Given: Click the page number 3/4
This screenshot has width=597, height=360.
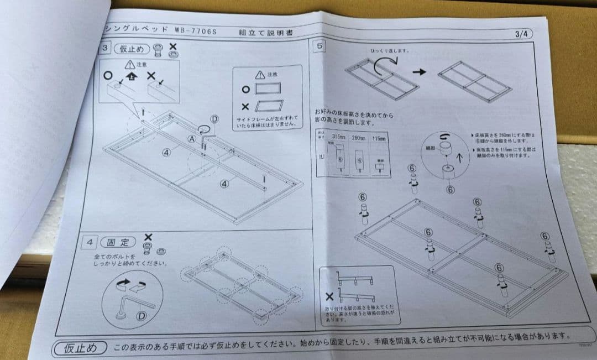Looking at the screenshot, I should coord(522,34).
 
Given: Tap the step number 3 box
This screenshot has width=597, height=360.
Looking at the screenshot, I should coord(104,49).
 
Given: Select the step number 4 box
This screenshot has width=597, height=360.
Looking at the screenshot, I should coord(89,242).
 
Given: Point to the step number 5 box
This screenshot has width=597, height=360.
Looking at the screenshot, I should coord(318,46).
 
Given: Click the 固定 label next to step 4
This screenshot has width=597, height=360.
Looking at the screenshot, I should coord(118,242).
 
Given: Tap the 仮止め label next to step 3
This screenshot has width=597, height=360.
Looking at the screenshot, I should coord(132,49).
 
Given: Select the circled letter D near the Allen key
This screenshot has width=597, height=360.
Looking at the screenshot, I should coord(141,316).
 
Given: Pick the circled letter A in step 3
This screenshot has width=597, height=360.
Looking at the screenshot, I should coord(192,139).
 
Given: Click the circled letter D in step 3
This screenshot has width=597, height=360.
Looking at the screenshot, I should coord(214,119).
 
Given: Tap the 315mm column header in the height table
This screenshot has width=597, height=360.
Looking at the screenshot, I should coord(338,137).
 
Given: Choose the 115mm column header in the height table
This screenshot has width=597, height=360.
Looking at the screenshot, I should coord(379,138).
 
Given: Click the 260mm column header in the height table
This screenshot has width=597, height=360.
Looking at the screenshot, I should coord(359,138).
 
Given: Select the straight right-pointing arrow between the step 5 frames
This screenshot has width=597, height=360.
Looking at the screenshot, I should coord(420,72).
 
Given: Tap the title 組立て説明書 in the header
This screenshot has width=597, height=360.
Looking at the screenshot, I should coord(266,33).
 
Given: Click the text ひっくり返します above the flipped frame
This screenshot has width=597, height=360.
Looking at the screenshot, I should coord(390,50).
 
